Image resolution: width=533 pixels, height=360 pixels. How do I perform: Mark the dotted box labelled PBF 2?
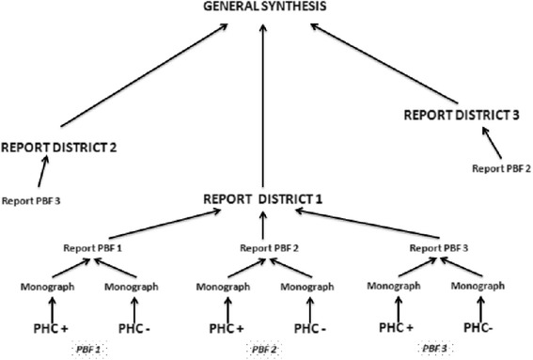tap(264, 350)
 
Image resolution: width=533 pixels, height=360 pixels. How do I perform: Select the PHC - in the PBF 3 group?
tap(486, 328)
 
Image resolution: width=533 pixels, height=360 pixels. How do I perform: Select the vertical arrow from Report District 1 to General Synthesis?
tap(264, 103)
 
